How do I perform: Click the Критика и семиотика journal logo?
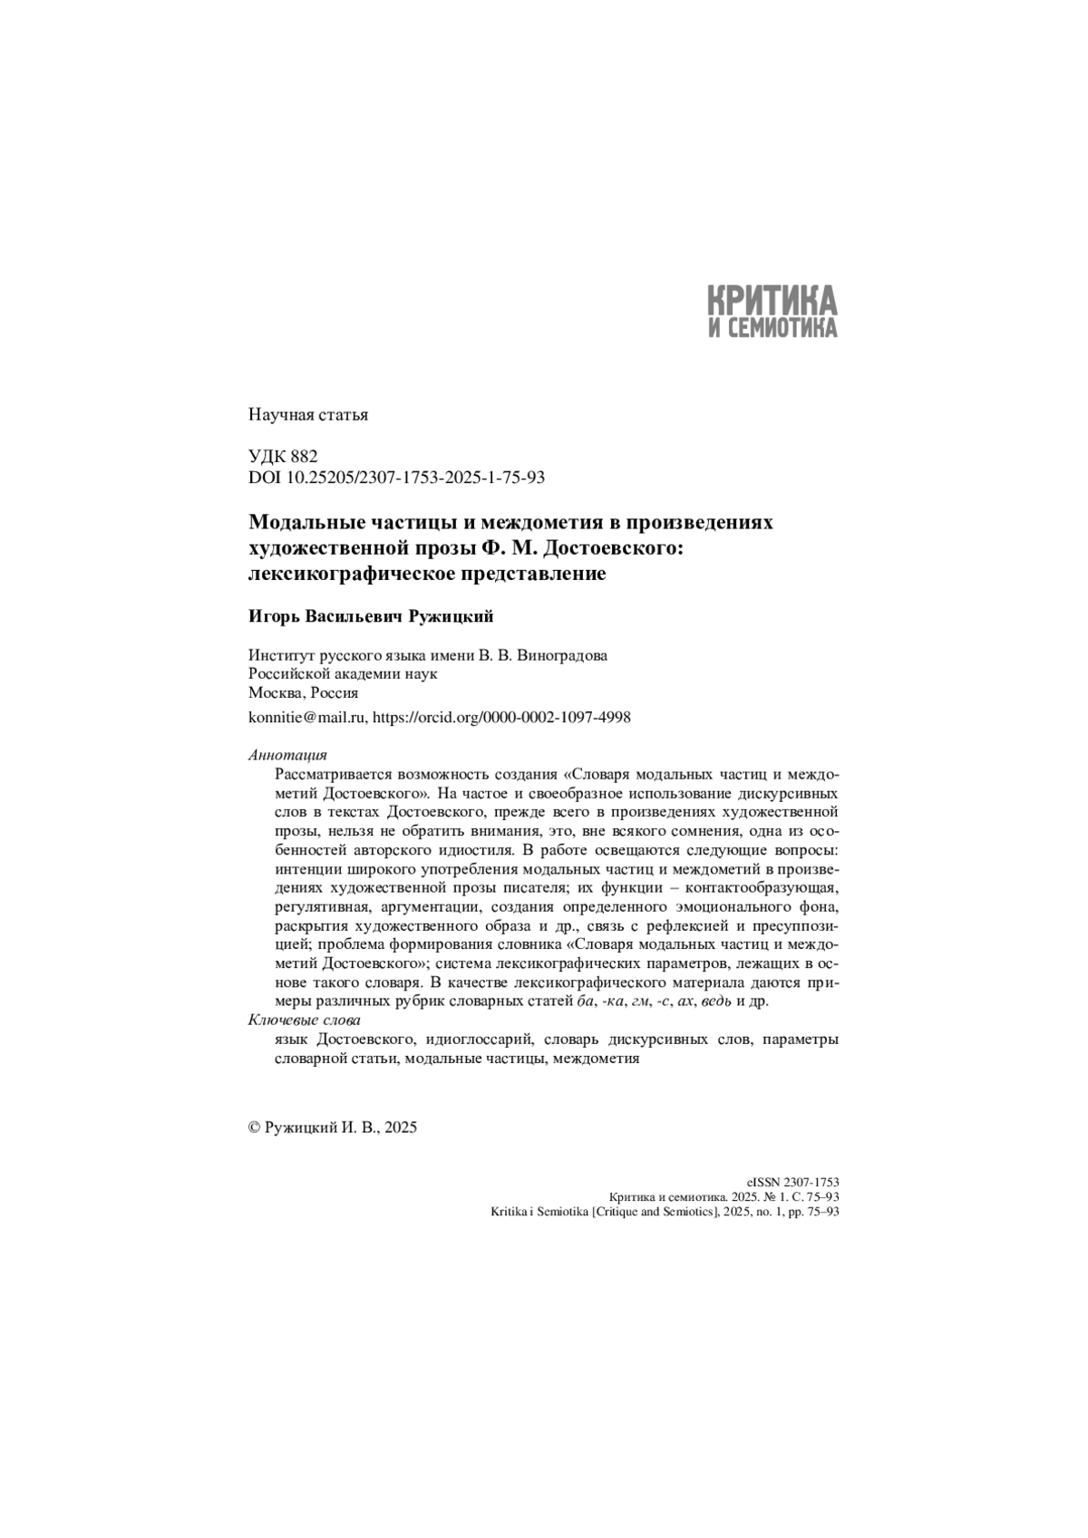(772, 311)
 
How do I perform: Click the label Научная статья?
(307, 416)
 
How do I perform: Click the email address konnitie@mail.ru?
(306, 717)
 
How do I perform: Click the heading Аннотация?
(287, 755)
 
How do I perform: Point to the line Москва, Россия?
(303, 692)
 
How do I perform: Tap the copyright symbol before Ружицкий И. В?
(254, 1127)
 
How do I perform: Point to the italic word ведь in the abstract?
(716, 1001)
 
